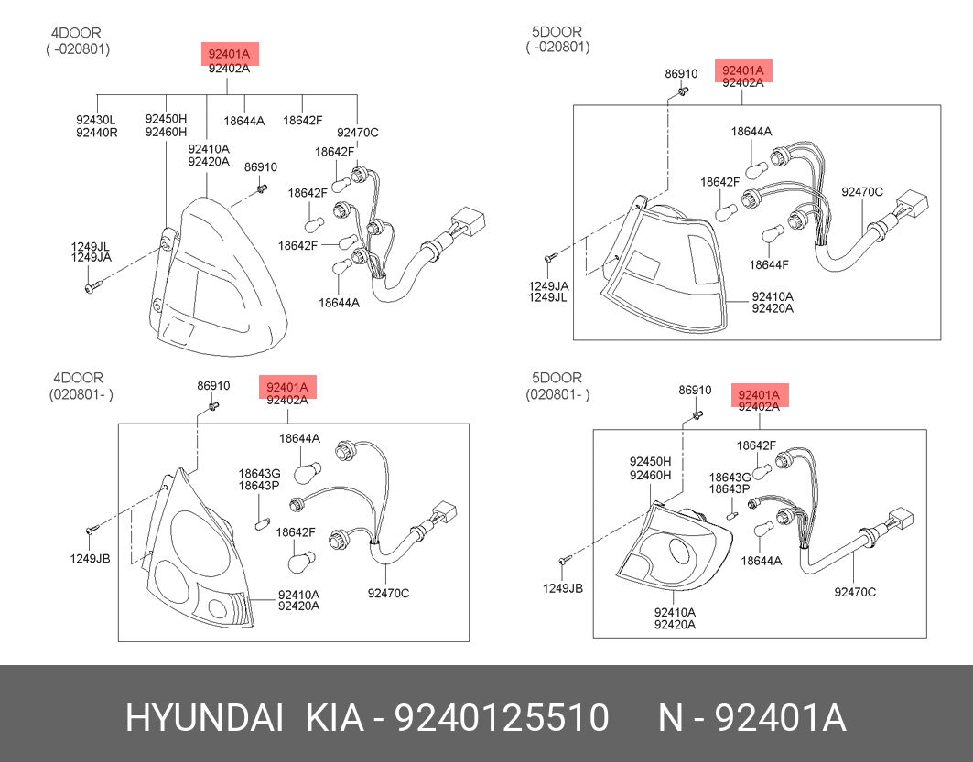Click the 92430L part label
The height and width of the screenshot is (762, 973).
click(x=96, y=120)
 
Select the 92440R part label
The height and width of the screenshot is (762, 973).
click(x=97, y=132)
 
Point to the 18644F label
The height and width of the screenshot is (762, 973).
click(x=769, y=264)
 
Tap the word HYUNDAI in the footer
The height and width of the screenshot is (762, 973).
click(x=204, y=718)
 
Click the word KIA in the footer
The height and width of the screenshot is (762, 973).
click(x=334, y=718)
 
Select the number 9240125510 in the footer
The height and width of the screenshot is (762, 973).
click(x=502, y=718)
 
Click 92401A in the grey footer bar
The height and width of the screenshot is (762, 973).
click(x=780, y=718)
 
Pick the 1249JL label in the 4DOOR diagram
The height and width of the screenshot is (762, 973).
click(x=91, y=246)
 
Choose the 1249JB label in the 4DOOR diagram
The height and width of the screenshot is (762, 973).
click(x=90, y=559)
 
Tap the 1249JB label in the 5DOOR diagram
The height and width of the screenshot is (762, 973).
click(x=563, y=588)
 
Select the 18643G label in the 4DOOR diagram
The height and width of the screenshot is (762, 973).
click(x=259, y=474)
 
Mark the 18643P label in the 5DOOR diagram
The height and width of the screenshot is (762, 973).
click(x=730, y=488)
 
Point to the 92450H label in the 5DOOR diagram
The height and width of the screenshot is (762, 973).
click(x=650, y=461)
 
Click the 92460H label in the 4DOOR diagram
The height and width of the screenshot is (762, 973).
click(x=166, y=132)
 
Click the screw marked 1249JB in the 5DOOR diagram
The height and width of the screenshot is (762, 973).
click(x=564, y=560)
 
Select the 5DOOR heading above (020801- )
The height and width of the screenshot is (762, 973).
click(x=557, y=377)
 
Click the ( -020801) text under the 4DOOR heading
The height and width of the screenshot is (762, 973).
click(x=78, y=49)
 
